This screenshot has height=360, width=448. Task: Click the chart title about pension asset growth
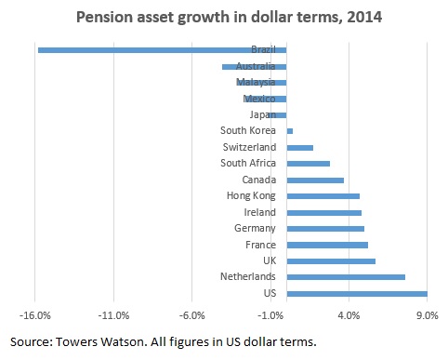pyautogui.click(x=224, y=17)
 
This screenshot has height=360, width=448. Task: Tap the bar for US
pyautogui.click(x=357, y=294)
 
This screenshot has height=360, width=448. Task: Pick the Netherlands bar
pyautogui.click(x=346, y=277)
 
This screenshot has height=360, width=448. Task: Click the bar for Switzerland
pyautogui.click(x=300, y=148)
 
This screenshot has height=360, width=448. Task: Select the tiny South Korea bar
pyautogui.click(x=290, y=131)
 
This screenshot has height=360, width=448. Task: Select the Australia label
pyautogui.click(x=255, y=66)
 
